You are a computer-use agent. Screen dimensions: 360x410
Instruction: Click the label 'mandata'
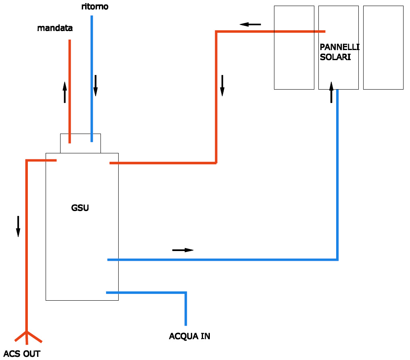click(x=55, y=28)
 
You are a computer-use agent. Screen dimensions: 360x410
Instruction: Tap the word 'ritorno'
click(x=95, y=7)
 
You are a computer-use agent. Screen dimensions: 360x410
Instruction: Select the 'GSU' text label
click(x=80, y=208)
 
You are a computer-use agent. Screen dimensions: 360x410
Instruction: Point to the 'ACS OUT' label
click(x=22, y=354)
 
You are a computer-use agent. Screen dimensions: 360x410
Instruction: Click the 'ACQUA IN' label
click(x=190, y=336)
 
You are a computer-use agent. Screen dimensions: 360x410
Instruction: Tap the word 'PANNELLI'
click(x=339, y=47)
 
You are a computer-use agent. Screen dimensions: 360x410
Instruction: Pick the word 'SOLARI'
click(x=335, y=57)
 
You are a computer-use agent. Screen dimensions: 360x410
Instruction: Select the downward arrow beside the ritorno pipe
click(x=96, y=86)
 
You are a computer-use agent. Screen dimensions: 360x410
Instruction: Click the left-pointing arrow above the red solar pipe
click(x=250, y=25)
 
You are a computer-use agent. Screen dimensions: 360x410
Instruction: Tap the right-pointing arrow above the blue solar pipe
click(x=183, y=250)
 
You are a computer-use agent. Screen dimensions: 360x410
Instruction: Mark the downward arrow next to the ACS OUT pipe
click(x=18, y=226)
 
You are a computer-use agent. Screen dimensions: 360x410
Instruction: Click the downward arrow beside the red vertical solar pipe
click(x=222, y=86)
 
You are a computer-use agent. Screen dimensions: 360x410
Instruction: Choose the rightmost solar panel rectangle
click(x=383, y=47)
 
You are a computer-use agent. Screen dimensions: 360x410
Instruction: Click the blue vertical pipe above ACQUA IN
click(x=186, y=309)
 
